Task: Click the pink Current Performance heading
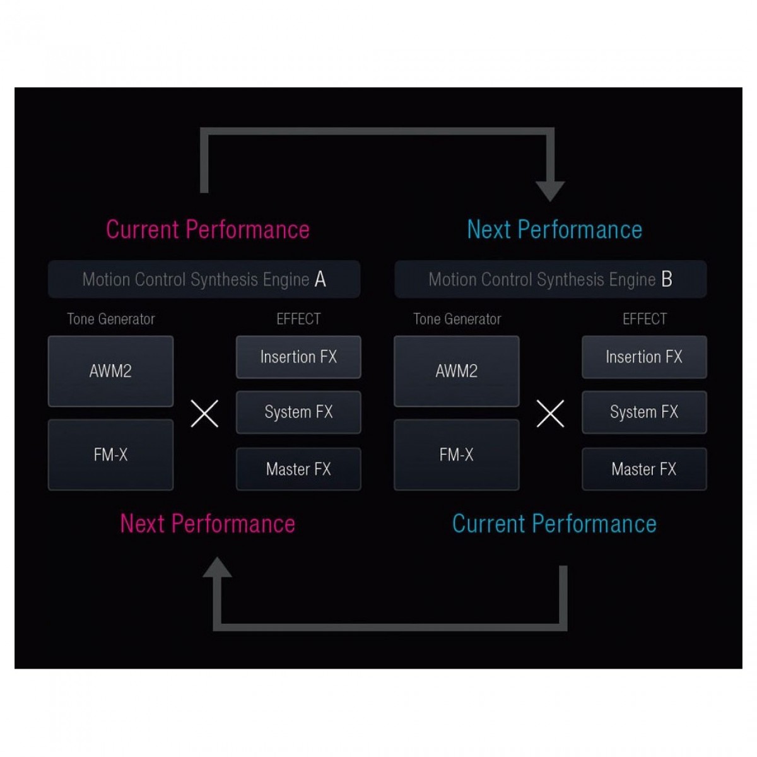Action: pos(208,230)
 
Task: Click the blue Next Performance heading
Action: pos(555,230)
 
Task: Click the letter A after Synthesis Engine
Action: pos(320,279)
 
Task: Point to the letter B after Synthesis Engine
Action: pos(667,279)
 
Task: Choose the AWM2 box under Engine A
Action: pos(110,371)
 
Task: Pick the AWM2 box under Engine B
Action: pos(457,371)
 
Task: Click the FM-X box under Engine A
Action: pos(110,455)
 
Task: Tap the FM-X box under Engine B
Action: pos(457,455)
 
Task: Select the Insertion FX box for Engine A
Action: pos(298,356)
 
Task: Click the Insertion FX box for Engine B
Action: pos(644,356)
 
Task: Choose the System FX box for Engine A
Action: pos(298,412)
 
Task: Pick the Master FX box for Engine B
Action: pos(644,469)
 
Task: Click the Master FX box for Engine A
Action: pos(298,469)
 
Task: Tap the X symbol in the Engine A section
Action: pos(204,414)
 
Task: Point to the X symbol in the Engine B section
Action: pos(550,414)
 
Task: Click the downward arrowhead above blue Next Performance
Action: pos(550,190)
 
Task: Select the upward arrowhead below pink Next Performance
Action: pos(217,566)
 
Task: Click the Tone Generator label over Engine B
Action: pos(457,319)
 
